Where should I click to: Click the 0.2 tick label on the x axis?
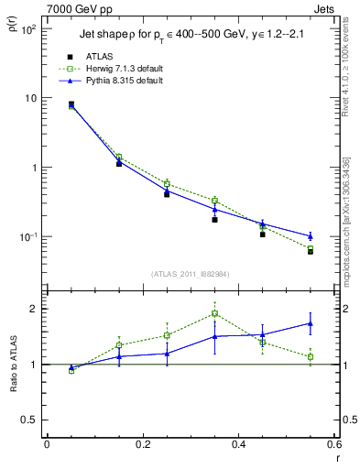(x=143, y=446)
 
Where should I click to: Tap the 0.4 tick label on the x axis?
(x=238, y=446)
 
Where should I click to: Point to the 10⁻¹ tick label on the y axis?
(x=28, y=237)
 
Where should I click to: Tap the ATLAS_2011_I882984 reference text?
(x=190, y=274)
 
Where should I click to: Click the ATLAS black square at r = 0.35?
(x=214, y=220)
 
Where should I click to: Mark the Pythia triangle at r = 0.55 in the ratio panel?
(x=311, y=323)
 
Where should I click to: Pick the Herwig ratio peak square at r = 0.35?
(x=214, y=313)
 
